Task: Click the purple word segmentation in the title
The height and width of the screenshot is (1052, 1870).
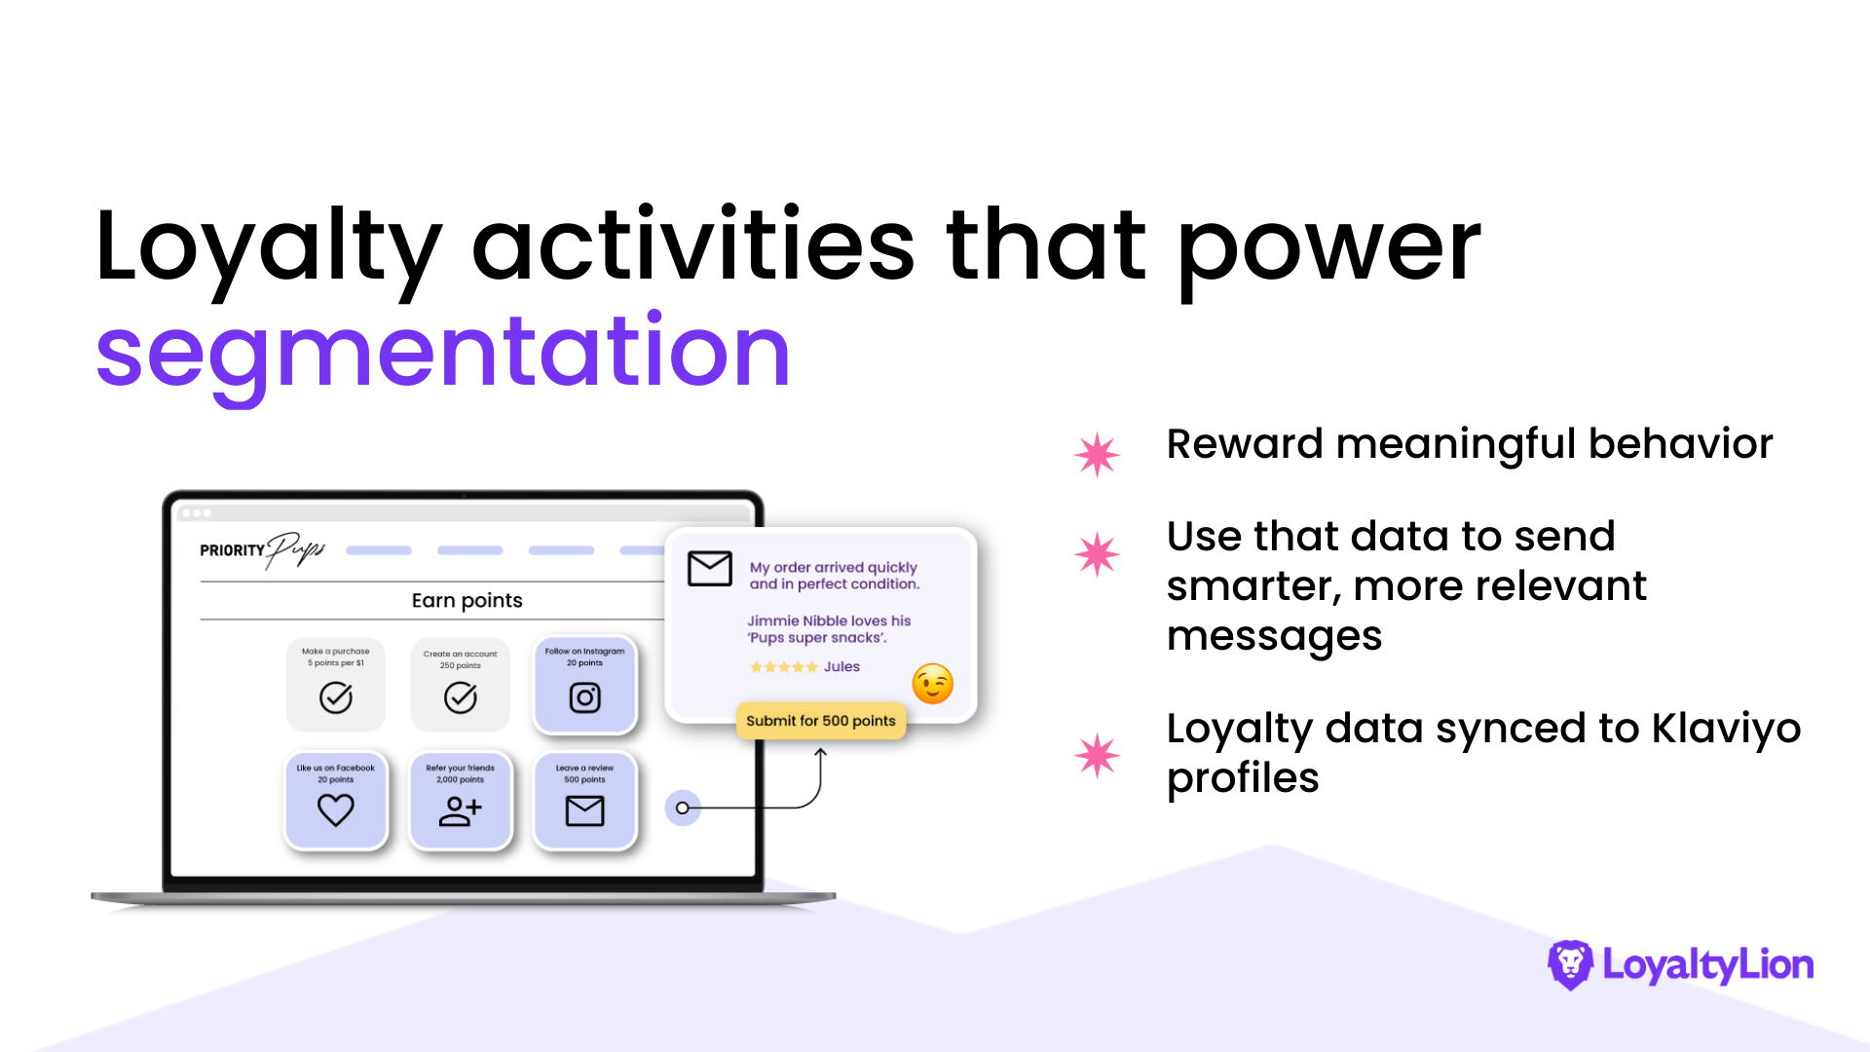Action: pyautogui.click(x=443, y=353)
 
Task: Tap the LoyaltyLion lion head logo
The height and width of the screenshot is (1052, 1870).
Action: pyautogui.click(x=1570, y=964)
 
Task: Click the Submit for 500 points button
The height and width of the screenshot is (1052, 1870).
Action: pyautogui.click(x=821, y=721)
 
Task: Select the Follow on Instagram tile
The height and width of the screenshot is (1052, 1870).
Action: pyautogui.click(x=584, y=685)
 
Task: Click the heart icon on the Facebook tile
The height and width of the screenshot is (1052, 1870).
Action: pyautogui.click(x=336, y=809)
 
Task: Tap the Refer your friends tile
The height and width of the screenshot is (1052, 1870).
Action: pyautogui.click(x=461, y=800)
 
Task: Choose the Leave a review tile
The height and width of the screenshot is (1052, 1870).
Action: pyautogui.click(x=584, y=800)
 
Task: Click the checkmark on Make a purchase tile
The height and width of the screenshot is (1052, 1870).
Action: pyautogui.click(x=336, y=697)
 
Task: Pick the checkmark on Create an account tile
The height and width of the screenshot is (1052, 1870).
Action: pyautogui.click(x=461, y=697)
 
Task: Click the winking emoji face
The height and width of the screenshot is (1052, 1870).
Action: pyautogui.click(x=932, y=683)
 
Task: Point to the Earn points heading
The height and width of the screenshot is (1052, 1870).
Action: pyautogui.click(x=467, y=600)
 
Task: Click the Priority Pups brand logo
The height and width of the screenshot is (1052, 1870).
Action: pyautogui.click(x=262, y=551)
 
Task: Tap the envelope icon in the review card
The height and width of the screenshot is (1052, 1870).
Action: pyautogui.click(x=710, y=568)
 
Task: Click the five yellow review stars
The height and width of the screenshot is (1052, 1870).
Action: pyautogui.click(x=784, y=667)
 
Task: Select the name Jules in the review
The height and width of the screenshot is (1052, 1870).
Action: pyautogui.click(x=842, y=667)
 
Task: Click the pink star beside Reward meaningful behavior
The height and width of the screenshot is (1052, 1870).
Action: pyautogui.click(x=1098, y=454)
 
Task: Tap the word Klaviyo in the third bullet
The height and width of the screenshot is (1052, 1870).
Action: pyautogui.click(x=1726, y=730)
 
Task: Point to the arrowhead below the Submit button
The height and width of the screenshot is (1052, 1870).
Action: pyautogui.click(x=820, y=753)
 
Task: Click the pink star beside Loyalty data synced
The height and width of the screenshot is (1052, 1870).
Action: pyautogui.click(x=1098, y=755)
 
